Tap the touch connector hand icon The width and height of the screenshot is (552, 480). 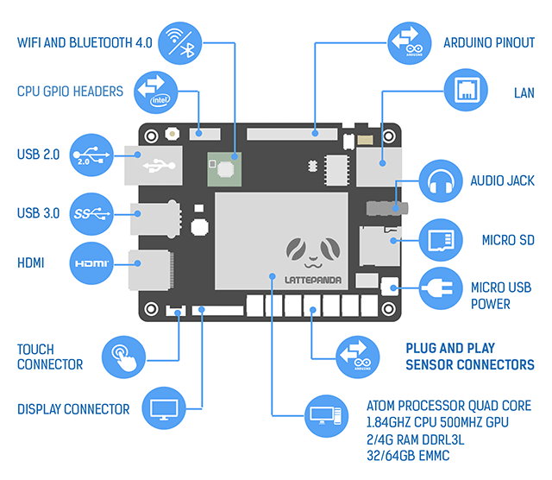(127, 357)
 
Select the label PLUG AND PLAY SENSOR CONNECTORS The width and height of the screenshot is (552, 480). (470, 357)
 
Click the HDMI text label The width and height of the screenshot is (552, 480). (33, 262)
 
